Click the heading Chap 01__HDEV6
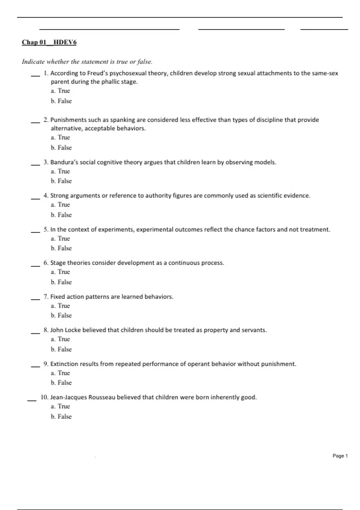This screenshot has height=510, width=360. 49,42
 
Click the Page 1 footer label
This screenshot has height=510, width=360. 340,456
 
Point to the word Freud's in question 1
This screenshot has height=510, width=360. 97,73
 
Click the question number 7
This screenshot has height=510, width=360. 46,297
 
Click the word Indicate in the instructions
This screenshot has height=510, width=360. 33,62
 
